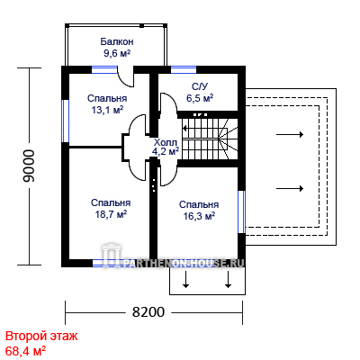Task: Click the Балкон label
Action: pos(117,41)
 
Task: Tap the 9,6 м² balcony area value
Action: pos(117,53)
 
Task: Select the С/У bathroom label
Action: pos(200,86)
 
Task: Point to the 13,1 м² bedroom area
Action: pos(107,110)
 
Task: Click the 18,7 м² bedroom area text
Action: pos(111,214)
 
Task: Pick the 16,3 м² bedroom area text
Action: pos(199,216)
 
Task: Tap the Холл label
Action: pos(166,142)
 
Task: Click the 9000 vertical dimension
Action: pos(29,166)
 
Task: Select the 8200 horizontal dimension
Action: pos(148,312)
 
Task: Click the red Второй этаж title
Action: pos(41,336)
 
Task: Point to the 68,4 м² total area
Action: pos(26,351)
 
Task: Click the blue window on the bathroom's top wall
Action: pos(184,70)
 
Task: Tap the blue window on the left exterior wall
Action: pos(66,121)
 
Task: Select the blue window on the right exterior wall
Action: pos(242,211)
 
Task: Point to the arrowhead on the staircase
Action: pos(184,129)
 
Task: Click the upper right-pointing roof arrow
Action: pos(290,134)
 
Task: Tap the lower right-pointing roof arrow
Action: pos(290,188)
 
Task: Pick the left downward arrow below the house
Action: pos(185,280)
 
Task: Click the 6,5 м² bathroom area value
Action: pos(200,98)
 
